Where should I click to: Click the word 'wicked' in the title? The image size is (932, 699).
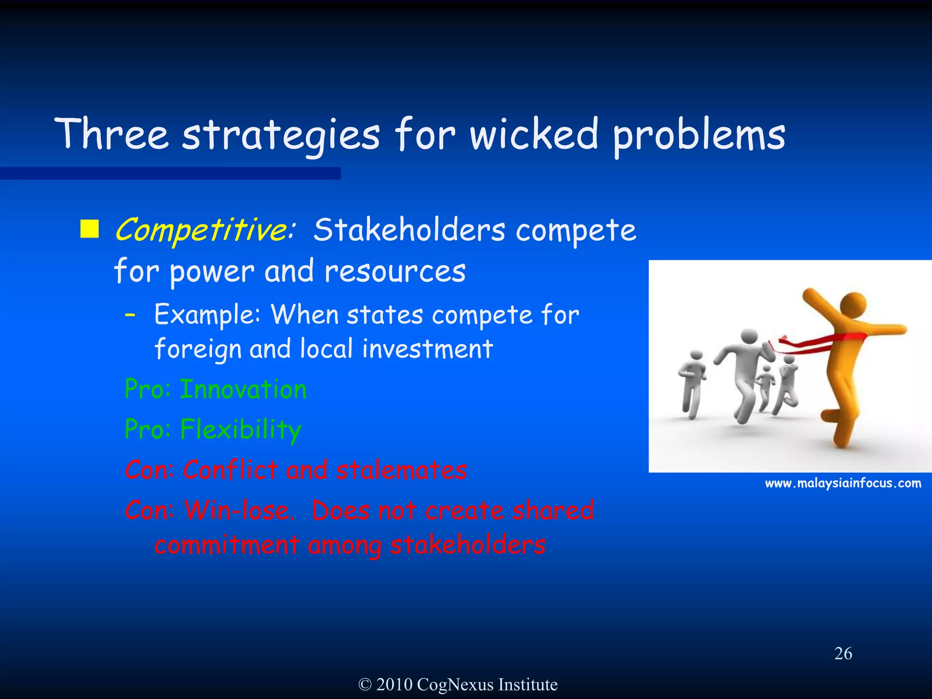(x=533, y=135)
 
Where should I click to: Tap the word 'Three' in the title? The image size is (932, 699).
(x=112, y=135)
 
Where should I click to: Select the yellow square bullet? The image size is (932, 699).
(x=90, y=229)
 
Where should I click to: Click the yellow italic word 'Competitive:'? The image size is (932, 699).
(x=205, y=230)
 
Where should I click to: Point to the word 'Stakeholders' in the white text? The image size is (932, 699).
(x=409, y=230)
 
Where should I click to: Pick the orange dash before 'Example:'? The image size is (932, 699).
(x=130, y=315)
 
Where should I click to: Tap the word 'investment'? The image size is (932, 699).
(x=427, y=349)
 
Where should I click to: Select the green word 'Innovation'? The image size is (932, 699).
(x=243, y=390)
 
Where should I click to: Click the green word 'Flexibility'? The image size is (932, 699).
(x=241, y=430)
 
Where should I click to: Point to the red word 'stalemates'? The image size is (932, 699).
(x=401, y=470)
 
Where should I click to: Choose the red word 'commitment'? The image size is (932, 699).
(x=227, y=545)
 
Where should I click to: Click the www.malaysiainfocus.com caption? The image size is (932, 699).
(x=843, y=483)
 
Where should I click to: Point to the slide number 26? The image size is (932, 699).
(x=843, y=653)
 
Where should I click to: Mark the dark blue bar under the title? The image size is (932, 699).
(x=170, y=173)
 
